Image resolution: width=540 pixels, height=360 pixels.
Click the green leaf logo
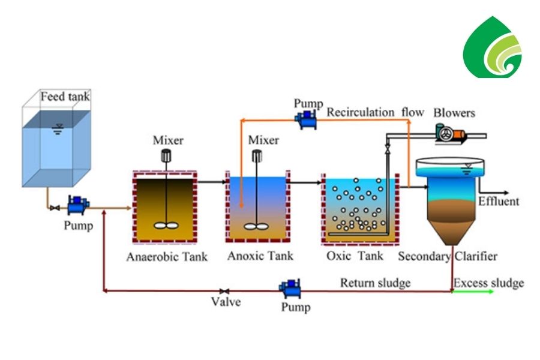493,47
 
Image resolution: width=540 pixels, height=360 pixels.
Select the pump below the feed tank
77,206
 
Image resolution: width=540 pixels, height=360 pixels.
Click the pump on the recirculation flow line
307,119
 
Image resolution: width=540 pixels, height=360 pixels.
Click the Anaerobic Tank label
167,257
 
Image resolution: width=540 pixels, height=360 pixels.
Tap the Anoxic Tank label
260,256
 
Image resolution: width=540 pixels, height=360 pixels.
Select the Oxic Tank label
355,257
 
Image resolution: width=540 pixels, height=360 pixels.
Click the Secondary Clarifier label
448,257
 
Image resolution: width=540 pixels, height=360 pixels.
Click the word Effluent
499,201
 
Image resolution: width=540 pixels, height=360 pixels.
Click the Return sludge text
376,282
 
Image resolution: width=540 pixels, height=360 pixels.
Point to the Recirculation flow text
375,112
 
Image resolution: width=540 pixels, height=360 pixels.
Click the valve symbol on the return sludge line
224,291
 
